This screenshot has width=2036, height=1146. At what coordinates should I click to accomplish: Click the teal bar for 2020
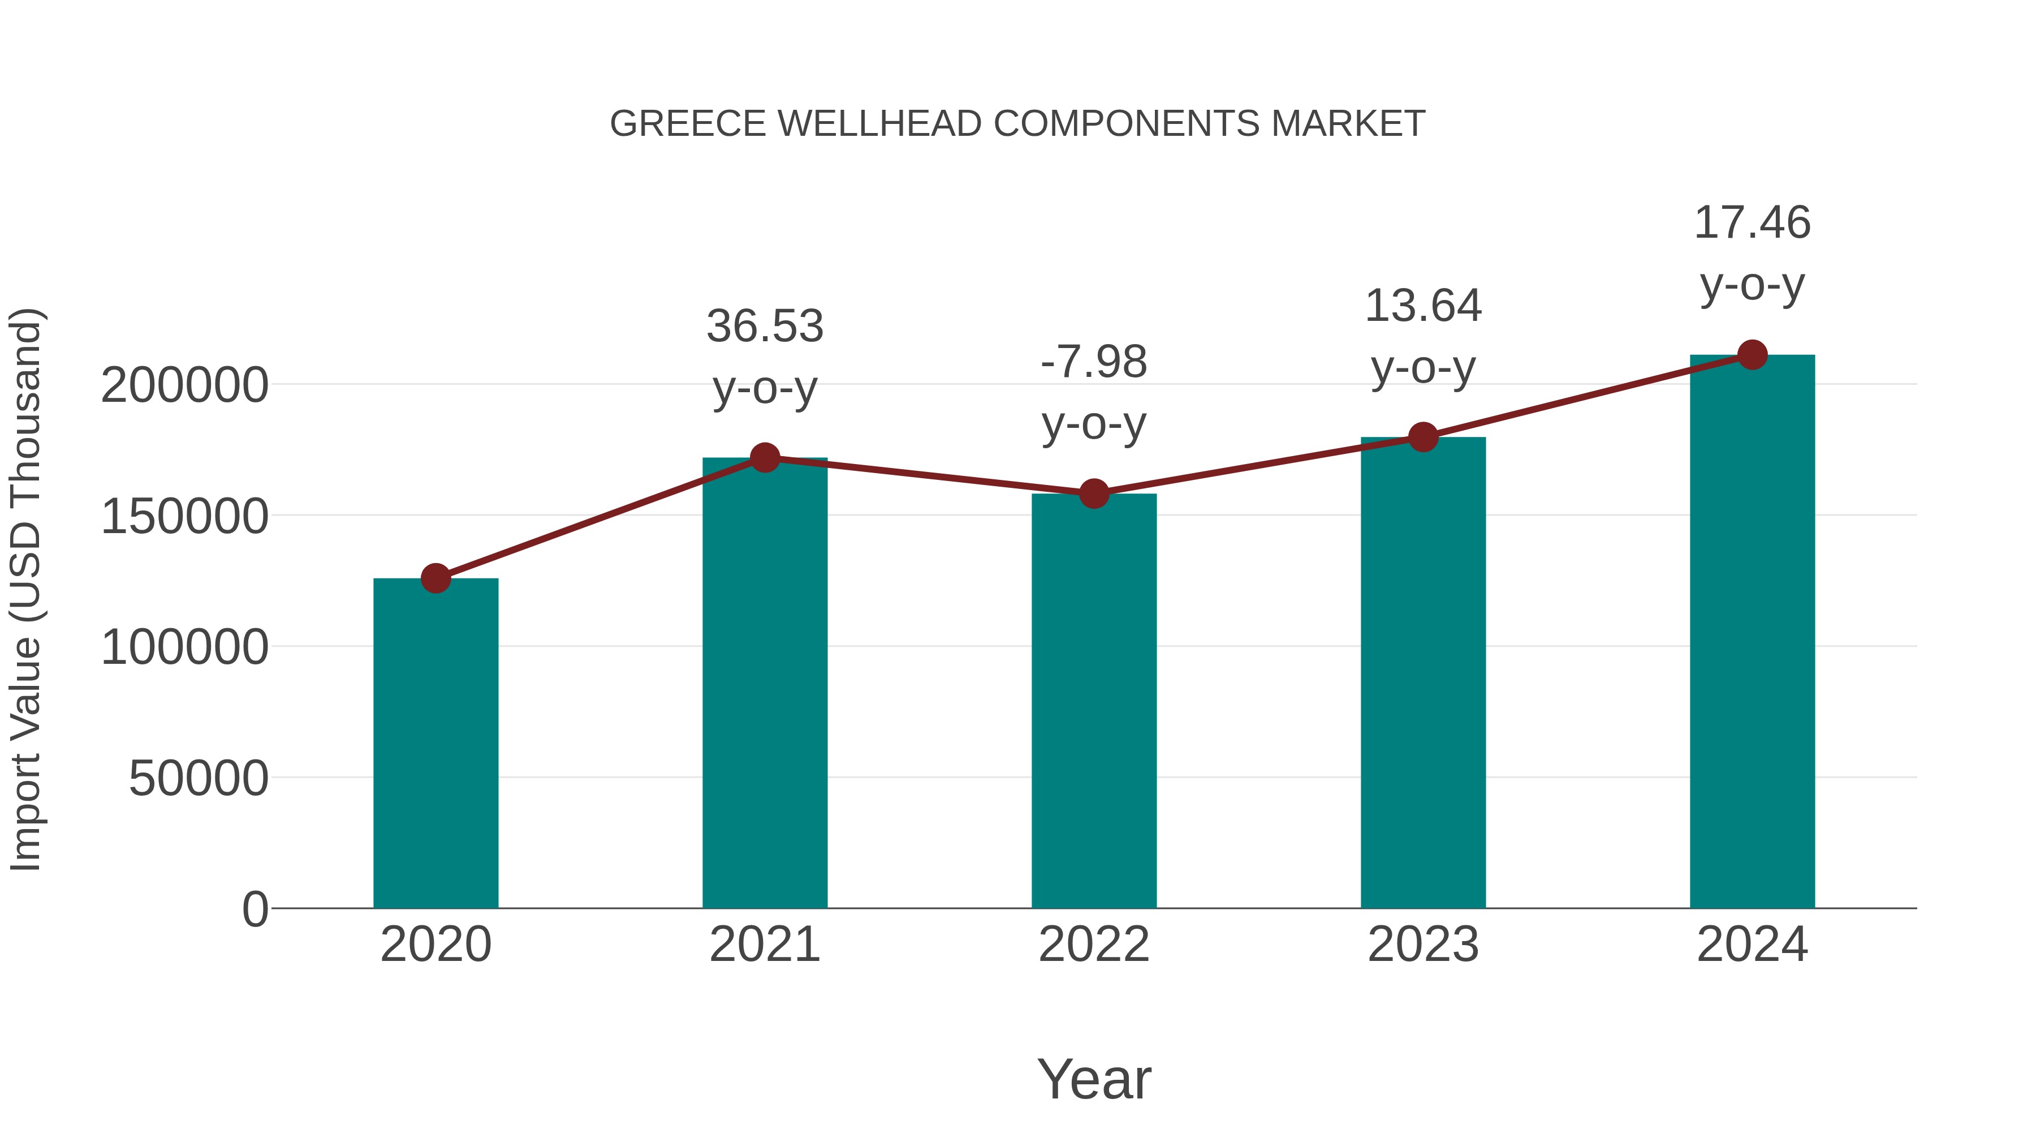pos(435,744)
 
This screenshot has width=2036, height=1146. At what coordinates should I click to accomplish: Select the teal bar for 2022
pos(1094,701)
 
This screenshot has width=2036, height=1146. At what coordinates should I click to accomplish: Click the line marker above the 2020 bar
pos(435,578)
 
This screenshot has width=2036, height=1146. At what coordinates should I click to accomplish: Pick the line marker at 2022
pos(1094,493)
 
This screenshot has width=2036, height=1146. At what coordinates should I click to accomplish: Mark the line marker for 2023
pos(1423,436)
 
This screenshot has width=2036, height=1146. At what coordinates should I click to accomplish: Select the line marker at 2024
pos(1752,355)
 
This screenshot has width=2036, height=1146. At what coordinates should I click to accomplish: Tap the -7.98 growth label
pos(1094,362)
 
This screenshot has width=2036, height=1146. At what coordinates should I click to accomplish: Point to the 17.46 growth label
pos(1752,222)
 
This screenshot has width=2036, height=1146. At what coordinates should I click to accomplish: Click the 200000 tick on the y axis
pos(185,386)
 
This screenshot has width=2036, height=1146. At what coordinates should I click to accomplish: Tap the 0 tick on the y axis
pos(255,909)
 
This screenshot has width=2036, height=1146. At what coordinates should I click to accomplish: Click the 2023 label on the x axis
pos(1423,945)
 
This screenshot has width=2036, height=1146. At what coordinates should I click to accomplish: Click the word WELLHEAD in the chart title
pos(879,124)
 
